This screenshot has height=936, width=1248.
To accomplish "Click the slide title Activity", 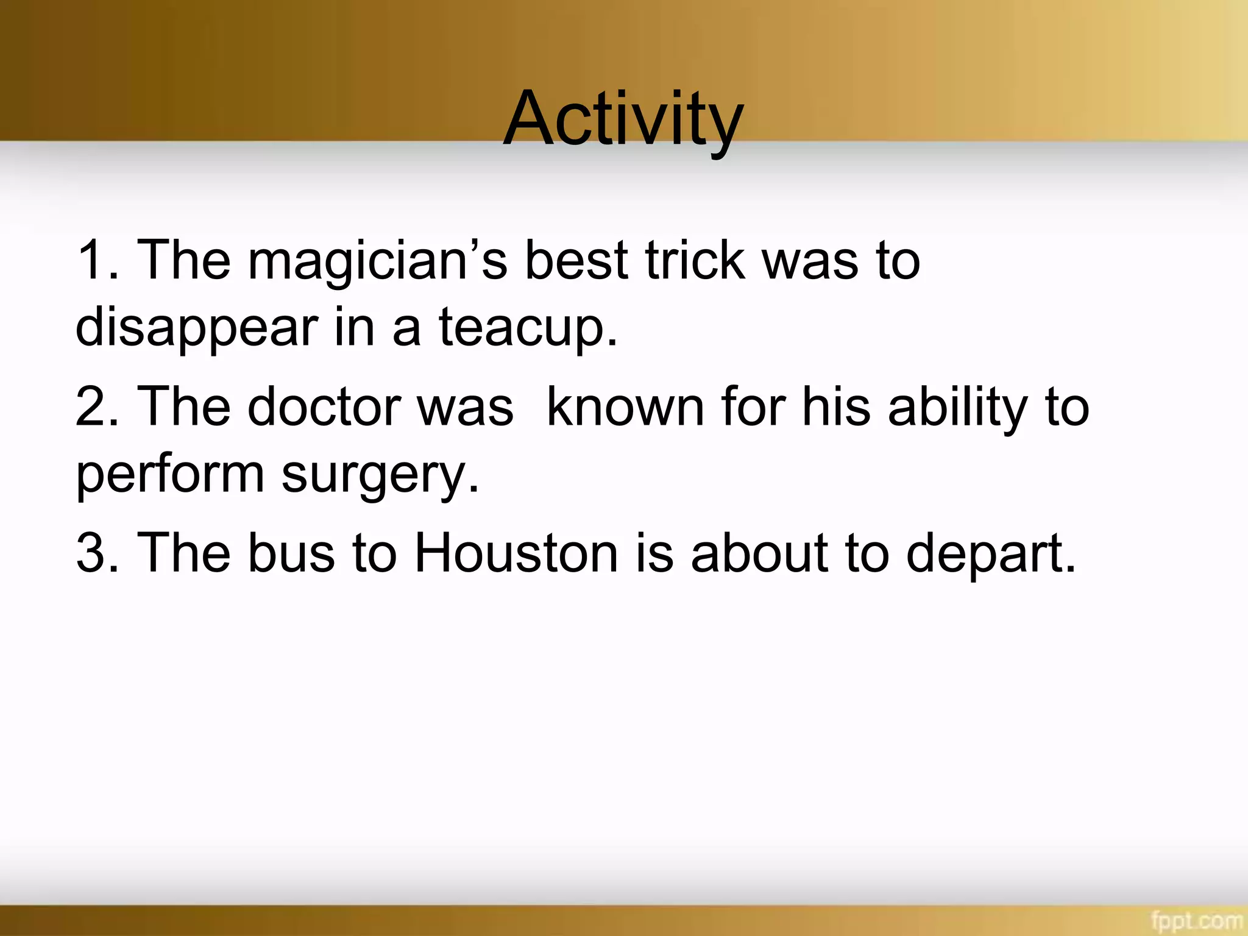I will pos(623,119).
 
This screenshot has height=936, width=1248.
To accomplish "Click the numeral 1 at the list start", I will pos(90,261).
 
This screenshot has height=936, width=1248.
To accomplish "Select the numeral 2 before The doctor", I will pos(91,407).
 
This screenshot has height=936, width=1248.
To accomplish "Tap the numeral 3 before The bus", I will pos(91,553).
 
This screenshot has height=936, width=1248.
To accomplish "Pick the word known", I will pos(625,407).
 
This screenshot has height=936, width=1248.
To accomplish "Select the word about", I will pos(759,553).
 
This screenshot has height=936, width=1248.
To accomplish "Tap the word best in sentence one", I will pos(576,261).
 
